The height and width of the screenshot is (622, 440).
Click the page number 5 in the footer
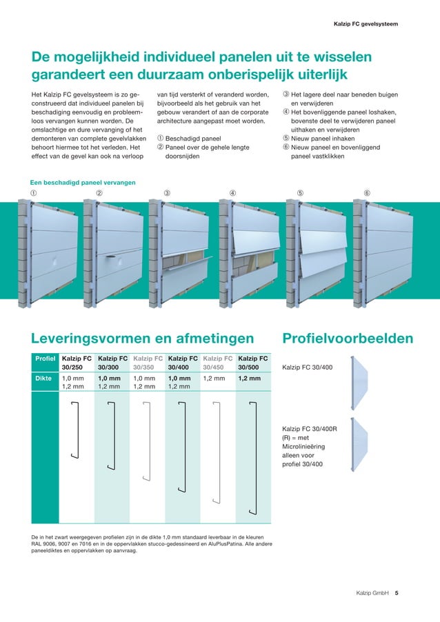click(397, 592)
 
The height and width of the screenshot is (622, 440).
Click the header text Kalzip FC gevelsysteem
click(365, 24)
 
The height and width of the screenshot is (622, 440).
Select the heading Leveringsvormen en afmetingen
click(142, 338)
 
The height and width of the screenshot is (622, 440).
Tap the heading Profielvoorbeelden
click(348, 338)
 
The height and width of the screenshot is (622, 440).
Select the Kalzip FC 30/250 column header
click(77, 363)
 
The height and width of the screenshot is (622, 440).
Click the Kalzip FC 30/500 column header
click(253, 363)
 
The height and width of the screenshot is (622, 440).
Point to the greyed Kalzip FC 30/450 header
click(218, 363)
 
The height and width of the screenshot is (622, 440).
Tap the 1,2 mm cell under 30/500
click(249, 378)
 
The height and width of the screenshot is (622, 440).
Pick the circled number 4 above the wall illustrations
click(232, 193)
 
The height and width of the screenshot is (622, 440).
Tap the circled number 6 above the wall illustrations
click(366, 193)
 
